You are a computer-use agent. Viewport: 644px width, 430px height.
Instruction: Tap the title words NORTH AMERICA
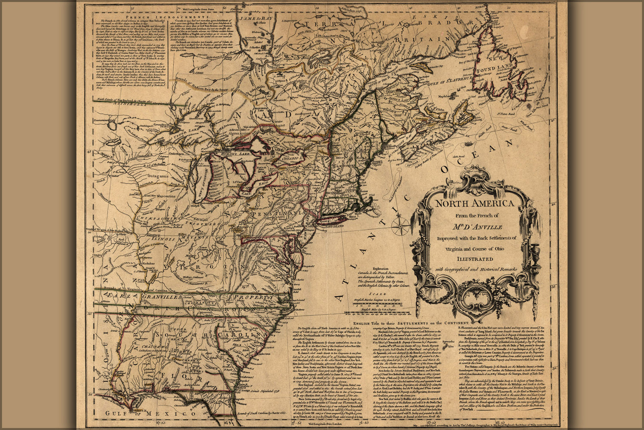click(x=475, y=203)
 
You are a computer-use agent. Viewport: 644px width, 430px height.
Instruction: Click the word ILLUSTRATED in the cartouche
click(x=475, y=259)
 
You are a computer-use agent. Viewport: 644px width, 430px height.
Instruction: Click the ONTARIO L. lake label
click(x=292, y=158)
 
